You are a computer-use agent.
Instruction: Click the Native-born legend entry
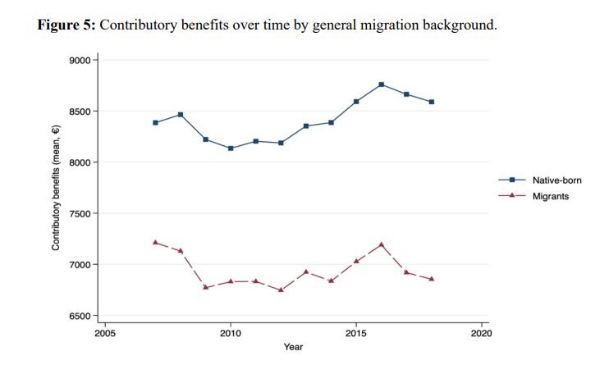click(551, 180)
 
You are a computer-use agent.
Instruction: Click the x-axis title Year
click(293, 348)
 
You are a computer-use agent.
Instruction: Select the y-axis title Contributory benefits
click(57, 188)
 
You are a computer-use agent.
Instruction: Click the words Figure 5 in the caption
click(67, 25)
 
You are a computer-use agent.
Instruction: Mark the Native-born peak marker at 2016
click(382, 84)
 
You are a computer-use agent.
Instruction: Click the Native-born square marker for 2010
click(231, 148)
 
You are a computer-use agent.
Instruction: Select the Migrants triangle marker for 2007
click(155, 242)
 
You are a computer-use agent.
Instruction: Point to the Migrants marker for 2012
click(281, 290)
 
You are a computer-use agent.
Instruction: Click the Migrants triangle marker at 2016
click(382, 244)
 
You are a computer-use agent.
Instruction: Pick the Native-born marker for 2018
click(432, 102)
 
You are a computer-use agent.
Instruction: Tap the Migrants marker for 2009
click(205, 287)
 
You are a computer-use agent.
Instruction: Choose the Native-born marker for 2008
click(181, 115)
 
